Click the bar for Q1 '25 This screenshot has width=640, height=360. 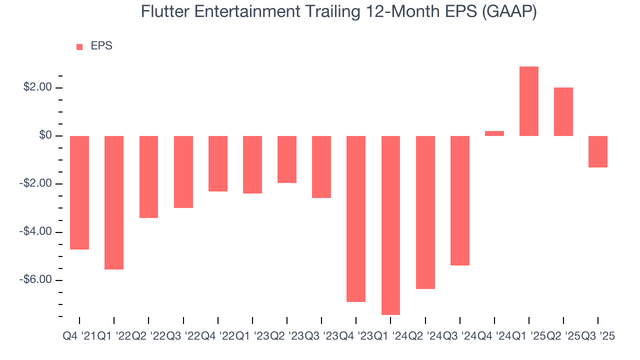click(x=529, y=101)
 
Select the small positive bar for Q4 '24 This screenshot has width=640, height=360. click(x=494, y=133)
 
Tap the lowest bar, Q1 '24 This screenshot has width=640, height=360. click(x=390, y=225)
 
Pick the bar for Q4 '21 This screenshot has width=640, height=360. click(x=79, y=192)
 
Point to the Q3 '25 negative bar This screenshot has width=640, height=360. click(x=598, y=151)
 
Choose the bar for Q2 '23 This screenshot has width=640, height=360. click(x=287, y=159)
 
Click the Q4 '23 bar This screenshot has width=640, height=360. click(x=356, y=218)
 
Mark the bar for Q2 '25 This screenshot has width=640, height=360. click(x=563, y=111)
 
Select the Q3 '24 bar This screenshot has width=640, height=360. click(x=460, y=200)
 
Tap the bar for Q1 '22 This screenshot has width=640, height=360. click(x=114, y=202)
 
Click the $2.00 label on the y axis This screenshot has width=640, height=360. click(x=38, y=87)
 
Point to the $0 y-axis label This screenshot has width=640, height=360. click(x=46, y=135)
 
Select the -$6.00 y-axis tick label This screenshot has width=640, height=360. click(x=36, y=279)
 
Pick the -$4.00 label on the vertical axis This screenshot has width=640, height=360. click(x=36, y=231)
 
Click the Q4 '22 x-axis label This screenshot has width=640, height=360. click(x=218, y=336)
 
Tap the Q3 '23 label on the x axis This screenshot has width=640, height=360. click(x=321, y=336)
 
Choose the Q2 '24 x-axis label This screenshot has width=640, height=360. click(x=425, y=336)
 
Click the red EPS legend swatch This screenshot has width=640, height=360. click(x=79, y=46)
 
